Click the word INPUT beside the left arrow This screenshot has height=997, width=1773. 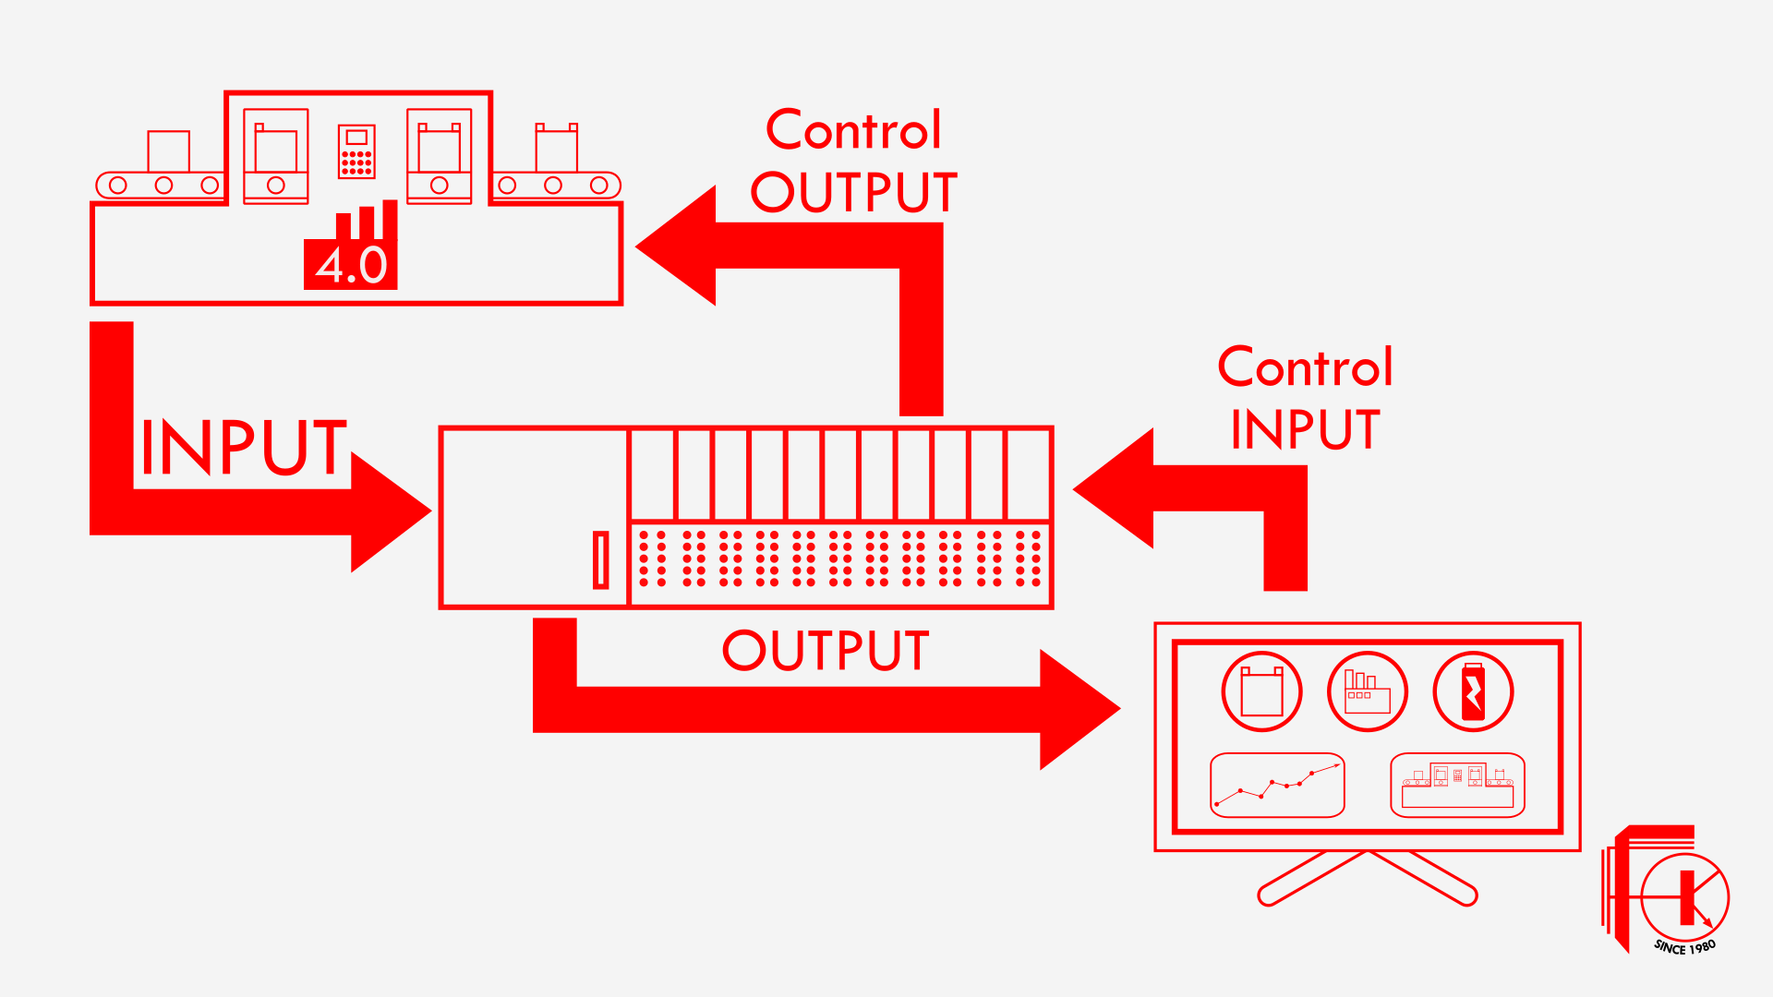[x=243, y=448]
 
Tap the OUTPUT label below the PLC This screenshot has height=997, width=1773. [x=825, y=651]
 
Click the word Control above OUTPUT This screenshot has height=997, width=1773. [x=853, y=130]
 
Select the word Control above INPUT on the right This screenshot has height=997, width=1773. [x=1304, y=367]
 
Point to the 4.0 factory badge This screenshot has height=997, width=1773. [x=351, y=263]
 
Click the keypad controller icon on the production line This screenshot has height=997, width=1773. [x=356, y=150]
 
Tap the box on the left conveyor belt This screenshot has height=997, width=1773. [x=168, y=151]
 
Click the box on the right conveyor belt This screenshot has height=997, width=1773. [x=557, y=150]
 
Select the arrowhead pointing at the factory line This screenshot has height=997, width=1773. [x=679, y=246]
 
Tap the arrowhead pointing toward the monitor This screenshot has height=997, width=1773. [x=1076, y=710]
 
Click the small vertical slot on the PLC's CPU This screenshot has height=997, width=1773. [x=600, y=559]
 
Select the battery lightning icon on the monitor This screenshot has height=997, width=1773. [x=1473, y=691]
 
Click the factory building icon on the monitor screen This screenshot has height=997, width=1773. [x=1367, y=691]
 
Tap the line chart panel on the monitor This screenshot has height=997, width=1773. [x=1277, y=786]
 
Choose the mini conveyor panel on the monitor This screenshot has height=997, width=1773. [x=1457, y=786]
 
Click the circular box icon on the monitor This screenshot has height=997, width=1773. [x=1261, y=691]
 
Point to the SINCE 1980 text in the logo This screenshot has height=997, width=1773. [x=1684, y=947]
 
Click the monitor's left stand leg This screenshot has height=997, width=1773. [x=1311, y=878]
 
